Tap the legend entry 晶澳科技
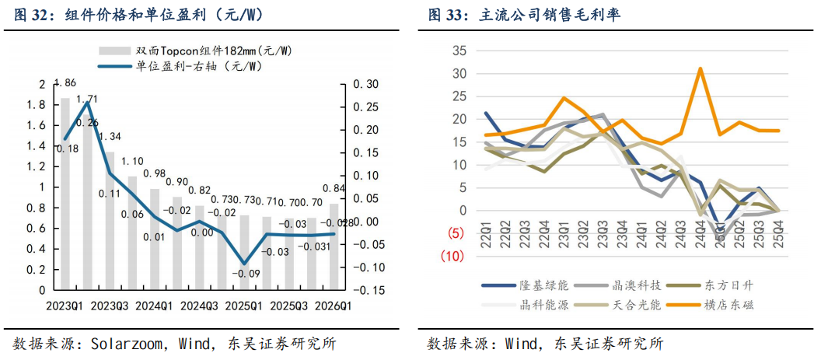635,286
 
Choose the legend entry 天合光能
635,305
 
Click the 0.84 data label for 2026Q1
334,188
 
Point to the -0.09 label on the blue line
249,274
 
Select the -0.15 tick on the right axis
362,289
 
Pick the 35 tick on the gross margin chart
459,51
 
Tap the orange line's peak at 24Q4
700,68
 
